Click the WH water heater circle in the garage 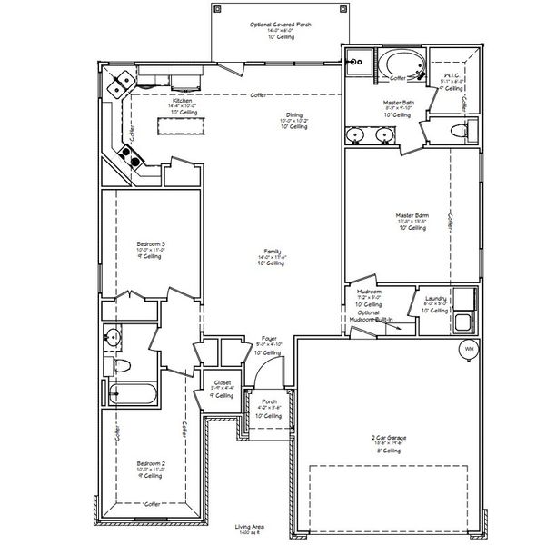tap(469, 349)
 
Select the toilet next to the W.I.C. tap(460, 133)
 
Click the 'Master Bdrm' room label tap(412, 219)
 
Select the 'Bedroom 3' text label tap(150, 244)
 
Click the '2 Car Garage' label tap(390, 439)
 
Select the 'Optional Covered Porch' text tap(280, 25)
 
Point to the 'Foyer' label tap(270, 338)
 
